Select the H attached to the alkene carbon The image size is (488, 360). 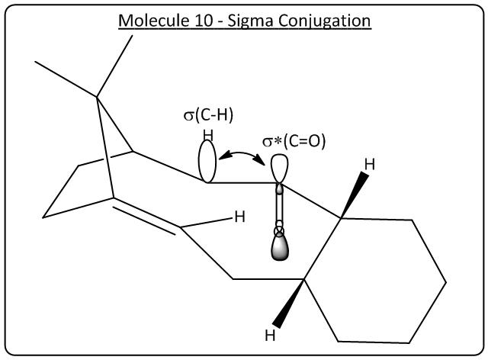pos(239,217)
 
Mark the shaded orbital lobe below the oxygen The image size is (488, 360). pos(281,248)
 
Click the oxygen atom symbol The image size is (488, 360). pos(280,230)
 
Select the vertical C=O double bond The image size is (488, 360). pos(280,206)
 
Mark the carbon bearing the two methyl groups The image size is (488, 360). pos(97,96)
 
